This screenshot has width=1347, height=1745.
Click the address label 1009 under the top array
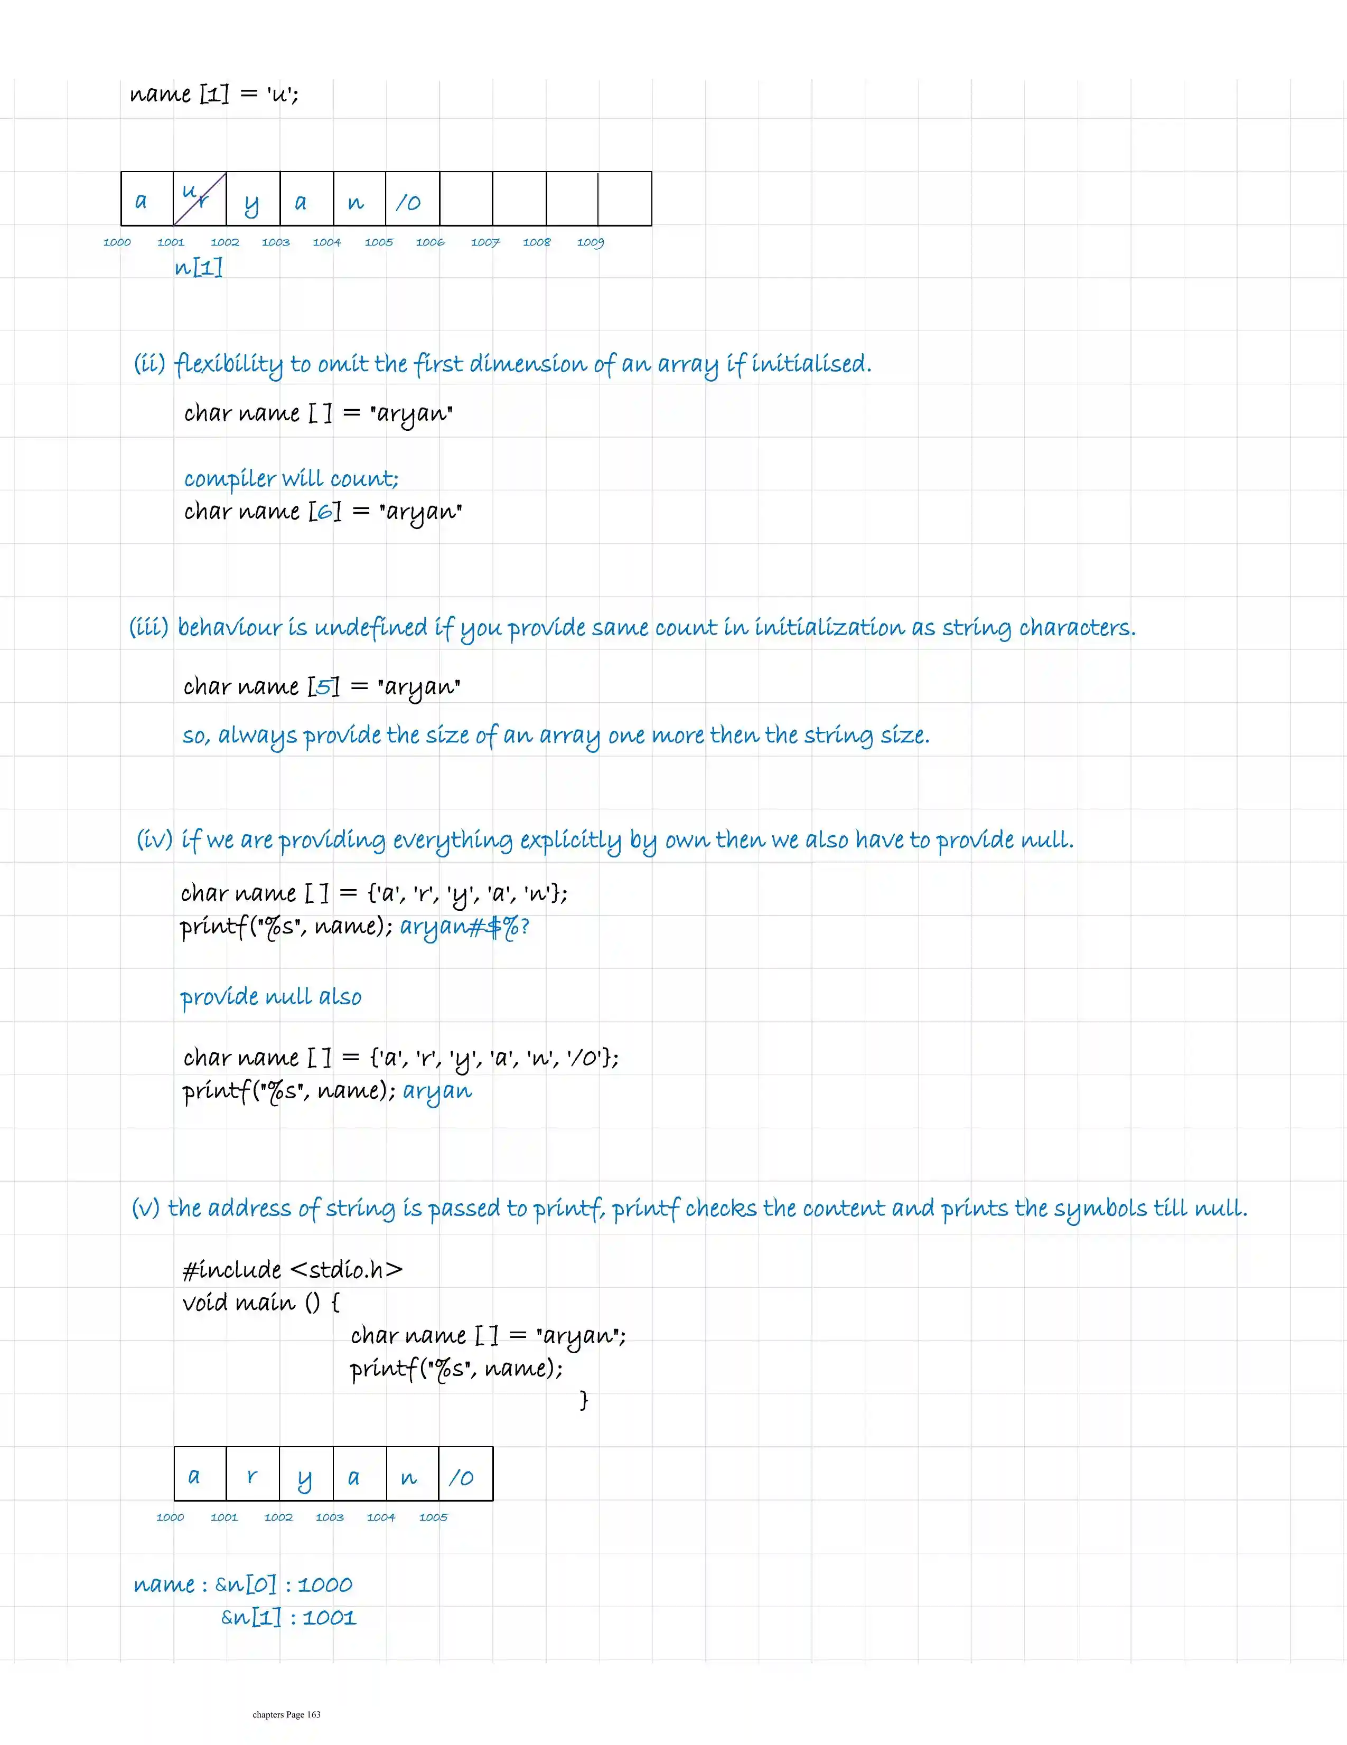tap(590, 242)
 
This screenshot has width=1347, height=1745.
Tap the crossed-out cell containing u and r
tap(199, 198)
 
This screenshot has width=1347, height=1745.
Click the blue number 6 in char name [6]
tap(324, 511)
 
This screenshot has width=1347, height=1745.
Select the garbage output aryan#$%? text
tap(464, 926)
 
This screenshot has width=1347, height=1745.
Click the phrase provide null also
tap(270, 997)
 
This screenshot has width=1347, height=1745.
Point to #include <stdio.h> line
tap(292, 1270)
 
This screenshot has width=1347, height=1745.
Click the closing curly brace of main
tap(584, 1400)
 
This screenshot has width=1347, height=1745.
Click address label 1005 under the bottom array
tap(433, 1517)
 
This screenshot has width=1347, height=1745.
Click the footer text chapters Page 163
tap(286, 1714)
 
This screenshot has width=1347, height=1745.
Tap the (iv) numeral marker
tap(154, 840)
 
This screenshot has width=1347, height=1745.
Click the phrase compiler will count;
tap(291, 478)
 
